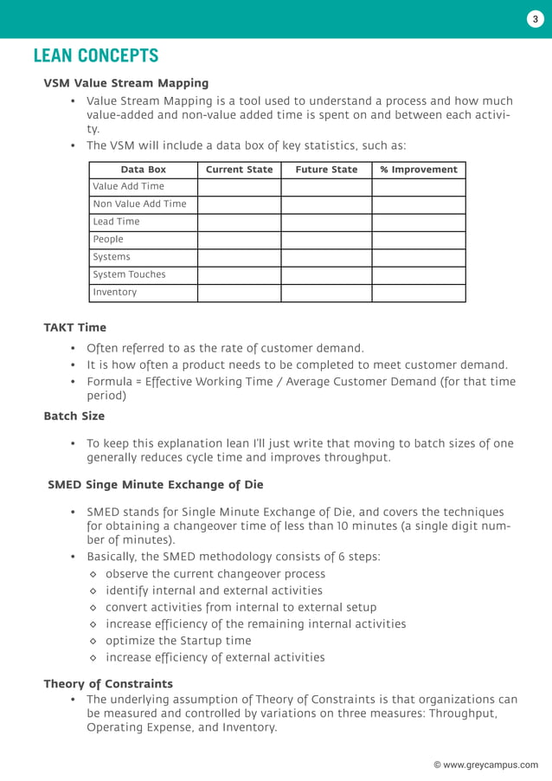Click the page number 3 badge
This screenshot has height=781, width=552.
click(x=535, y=20)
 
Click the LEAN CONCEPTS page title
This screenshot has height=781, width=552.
click(x=96, y=56)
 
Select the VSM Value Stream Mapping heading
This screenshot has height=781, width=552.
click(x=126, y=83)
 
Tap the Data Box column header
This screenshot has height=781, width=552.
click(x=143, y=170)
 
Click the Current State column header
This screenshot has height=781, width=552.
click(x=239, y=170)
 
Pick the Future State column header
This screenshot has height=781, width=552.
click(x=326, y=170)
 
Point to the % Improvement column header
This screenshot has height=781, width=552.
click(x=419, y=170)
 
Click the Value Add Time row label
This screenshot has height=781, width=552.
click(x=128, y=186)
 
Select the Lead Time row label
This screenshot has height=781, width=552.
click(x=116, y=222)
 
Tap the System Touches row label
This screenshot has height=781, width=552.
click(x=129, y=274)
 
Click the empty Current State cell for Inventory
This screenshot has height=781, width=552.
click(x=239, y=293)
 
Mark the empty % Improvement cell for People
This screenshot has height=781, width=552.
click(x=419, y=240)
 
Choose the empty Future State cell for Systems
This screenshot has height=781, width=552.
click(x=326, y=257)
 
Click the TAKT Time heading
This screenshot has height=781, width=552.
click(x=75, y=327)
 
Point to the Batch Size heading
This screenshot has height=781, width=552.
click(x=74, y=416)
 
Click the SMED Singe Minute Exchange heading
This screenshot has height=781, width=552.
click(x=156, y=485)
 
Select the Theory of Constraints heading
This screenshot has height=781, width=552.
click(x=108, y=684)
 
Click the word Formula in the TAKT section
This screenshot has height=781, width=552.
click(x=110, y=382)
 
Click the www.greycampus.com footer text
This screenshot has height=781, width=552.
click(x=485, y=765)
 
